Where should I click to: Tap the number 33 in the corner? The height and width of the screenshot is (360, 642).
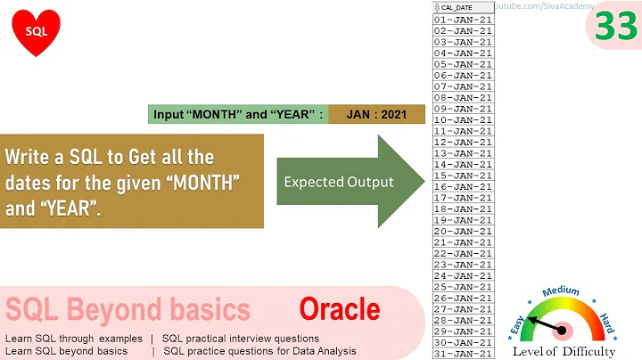(615, 27)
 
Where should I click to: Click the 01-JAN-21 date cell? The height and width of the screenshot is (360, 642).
(463, 19)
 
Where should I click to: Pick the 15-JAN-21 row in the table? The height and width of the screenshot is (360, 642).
(463, 176)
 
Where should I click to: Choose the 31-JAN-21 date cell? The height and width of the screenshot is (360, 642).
(463, 354)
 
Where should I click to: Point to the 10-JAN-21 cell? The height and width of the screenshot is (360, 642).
(463, 119)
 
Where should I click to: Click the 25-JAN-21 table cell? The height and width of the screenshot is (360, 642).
(463, 287)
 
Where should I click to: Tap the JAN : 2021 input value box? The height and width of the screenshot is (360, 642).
(376, 114)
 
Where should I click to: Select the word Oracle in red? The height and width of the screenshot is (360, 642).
(339, 310)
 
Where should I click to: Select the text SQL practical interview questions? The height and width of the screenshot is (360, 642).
(241, 339)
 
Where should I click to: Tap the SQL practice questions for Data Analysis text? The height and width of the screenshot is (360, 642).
(259, 351)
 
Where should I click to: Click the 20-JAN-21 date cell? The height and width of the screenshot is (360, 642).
(463, 231)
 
